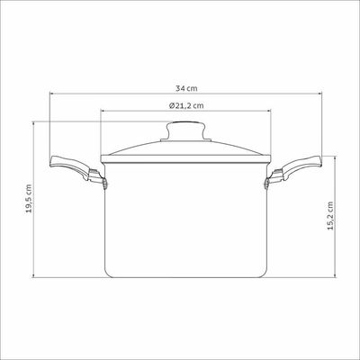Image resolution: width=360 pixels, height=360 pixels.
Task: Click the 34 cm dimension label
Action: (186, 89)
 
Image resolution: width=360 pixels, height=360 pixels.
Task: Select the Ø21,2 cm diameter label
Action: (186, 105)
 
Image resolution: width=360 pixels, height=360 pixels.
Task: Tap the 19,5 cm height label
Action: (29, 199)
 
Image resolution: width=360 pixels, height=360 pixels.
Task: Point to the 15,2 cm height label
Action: (330, 216)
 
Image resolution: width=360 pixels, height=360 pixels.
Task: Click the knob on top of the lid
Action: (186, 130)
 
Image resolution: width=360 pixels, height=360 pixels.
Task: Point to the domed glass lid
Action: (186, 148)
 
